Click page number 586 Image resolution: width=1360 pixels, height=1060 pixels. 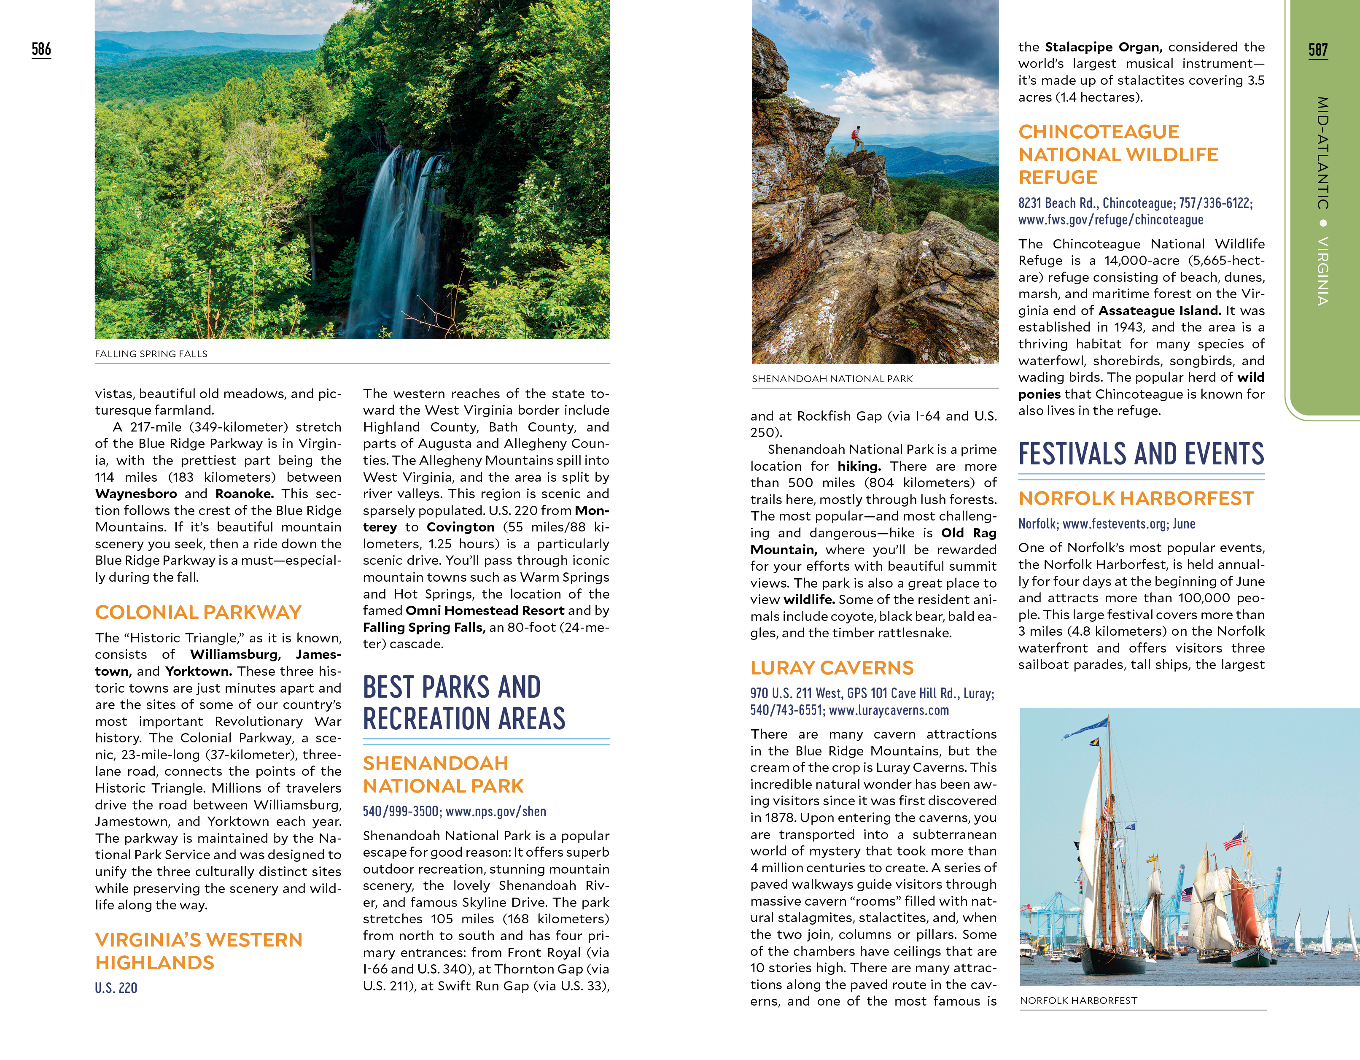point(41,49)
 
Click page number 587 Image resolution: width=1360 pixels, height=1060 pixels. point(1318,50)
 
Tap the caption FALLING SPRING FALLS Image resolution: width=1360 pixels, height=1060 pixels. point(151,354)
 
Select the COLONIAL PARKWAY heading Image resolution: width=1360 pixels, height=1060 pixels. point(198,612)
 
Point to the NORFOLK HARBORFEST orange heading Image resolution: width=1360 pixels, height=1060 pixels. point(1136,498)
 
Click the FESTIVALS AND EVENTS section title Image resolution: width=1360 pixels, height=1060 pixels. point(1141,454)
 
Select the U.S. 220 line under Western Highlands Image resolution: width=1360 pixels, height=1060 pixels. point(116,988)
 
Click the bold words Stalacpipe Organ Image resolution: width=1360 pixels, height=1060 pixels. point(1103,47)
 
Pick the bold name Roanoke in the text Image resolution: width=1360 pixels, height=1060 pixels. point(244,494)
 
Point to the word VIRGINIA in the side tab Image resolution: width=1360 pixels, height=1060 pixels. point(1322,271)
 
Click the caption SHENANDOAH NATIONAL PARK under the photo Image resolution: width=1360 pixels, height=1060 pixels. point(832,379)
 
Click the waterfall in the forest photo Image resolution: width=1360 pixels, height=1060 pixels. point(399,237)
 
